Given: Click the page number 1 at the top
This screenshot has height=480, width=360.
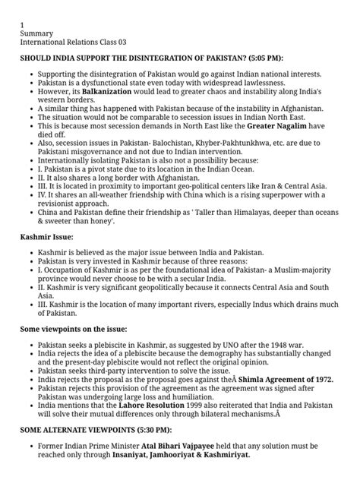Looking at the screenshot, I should coord(22,25).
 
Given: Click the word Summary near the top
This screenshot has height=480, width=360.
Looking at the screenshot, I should coord(37,36).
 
